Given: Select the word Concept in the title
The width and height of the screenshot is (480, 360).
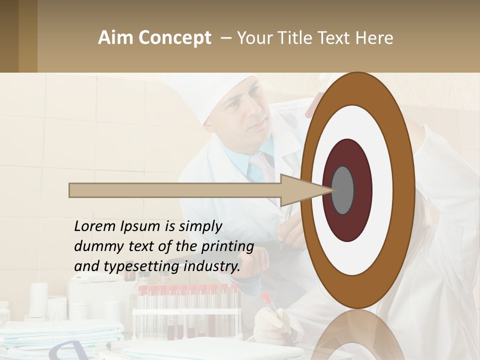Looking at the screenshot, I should (174, 38).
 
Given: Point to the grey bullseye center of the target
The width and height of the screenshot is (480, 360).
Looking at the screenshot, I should (342, 190).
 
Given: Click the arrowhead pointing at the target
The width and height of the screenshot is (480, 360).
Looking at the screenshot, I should (300, 190).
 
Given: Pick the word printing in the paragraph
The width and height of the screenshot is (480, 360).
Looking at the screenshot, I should (227, 246).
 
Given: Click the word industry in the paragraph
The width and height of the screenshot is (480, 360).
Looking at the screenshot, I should (212, 266).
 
